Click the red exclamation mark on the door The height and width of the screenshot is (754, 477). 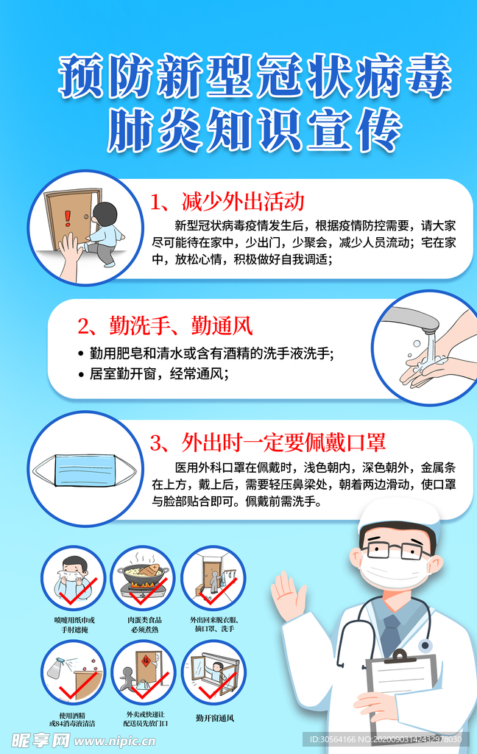point(68,217)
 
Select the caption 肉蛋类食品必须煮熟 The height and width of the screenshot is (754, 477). point(143,624)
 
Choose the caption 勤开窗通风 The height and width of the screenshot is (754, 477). point(215,718)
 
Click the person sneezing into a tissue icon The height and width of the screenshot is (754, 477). point(74,577)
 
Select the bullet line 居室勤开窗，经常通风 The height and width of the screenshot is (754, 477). point(159,373)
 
